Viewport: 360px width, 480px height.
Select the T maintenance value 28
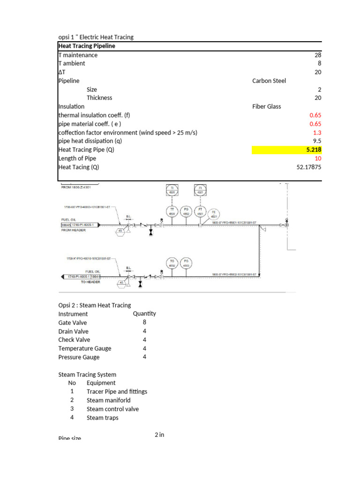[318, 55]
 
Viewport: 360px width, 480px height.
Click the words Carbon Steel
[269, 81]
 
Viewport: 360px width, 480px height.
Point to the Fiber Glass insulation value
[266, 106]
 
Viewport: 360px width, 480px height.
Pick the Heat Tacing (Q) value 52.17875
[308, 167]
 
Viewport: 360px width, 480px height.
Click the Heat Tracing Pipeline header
[86, 46]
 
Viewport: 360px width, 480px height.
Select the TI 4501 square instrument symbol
[172, 190]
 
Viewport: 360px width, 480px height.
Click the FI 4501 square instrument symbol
[200, 190]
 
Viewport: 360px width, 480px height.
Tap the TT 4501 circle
[172, 212]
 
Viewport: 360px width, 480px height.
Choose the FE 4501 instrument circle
[215, 214]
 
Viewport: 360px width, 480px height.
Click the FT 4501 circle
[200, 212]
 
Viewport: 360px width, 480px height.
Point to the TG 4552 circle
[172, 262]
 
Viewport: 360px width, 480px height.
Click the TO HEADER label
[90, 282]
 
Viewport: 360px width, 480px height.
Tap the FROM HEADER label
[74, 230]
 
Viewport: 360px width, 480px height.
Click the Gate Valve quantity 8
[144, 322]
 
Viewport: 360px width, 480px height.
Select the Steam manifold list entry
[108, 400]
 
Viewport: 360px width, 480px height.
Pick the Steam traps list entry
[102, 418]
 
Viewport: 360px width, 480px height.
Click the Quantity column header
[144, 314]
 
